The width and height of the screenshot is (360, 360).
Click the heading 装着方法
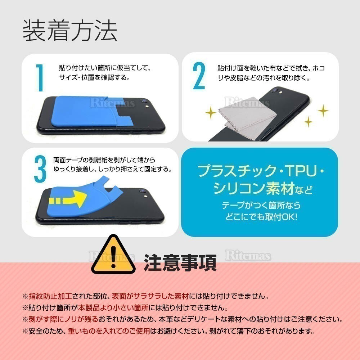(70, 30)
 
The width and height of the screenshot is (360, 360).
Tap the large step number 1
(40, 78)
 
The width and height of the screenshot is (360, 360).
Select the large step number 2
(199, 76)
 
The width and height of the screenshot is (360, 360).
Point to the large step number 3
(40, 169)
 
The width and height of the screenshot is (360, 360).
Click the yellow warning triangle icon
(113, 255)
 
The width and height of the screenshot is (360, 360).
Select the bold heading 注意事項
(180, 263)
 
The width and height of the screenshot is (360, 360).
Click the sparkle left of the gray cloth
(211, 112)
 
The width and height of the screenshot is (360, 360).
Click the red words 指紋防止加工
(50, 296)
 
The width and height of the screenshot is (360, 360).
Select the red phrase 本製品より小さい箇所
(113, 308)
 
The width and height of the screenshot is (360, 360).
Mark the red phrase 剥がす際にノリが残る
(63, 319)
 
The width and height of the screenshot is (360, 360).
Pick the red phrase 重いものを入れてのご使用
(109, 331)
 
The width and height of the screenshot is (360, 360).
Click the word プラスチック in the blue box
(237, 171)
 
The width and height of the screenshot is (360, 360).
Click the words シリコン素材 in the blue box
(253, 189)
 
